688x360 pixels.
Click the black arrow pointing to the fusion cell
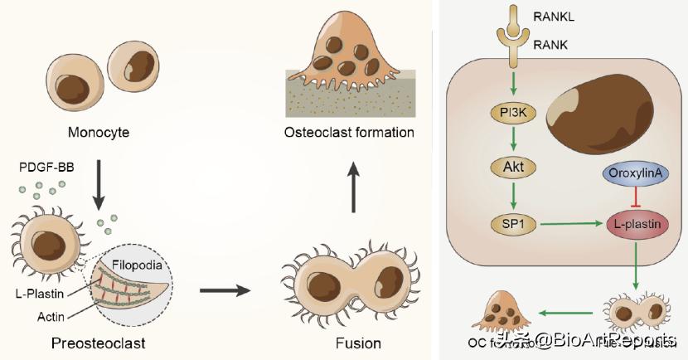[225, 290]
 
